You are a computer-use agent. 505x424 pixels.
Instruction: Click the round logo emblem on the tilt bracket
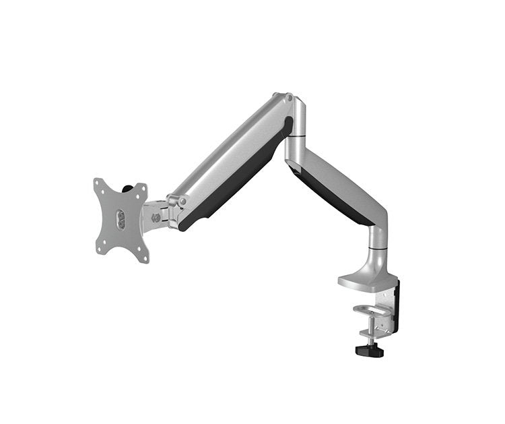pos(156,217)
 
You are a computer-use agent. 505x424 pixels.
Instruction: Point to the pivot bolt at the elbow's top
pos(289,98)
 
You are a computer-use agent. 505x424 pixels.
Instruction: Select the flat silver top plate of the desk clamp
pos(364,278)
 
